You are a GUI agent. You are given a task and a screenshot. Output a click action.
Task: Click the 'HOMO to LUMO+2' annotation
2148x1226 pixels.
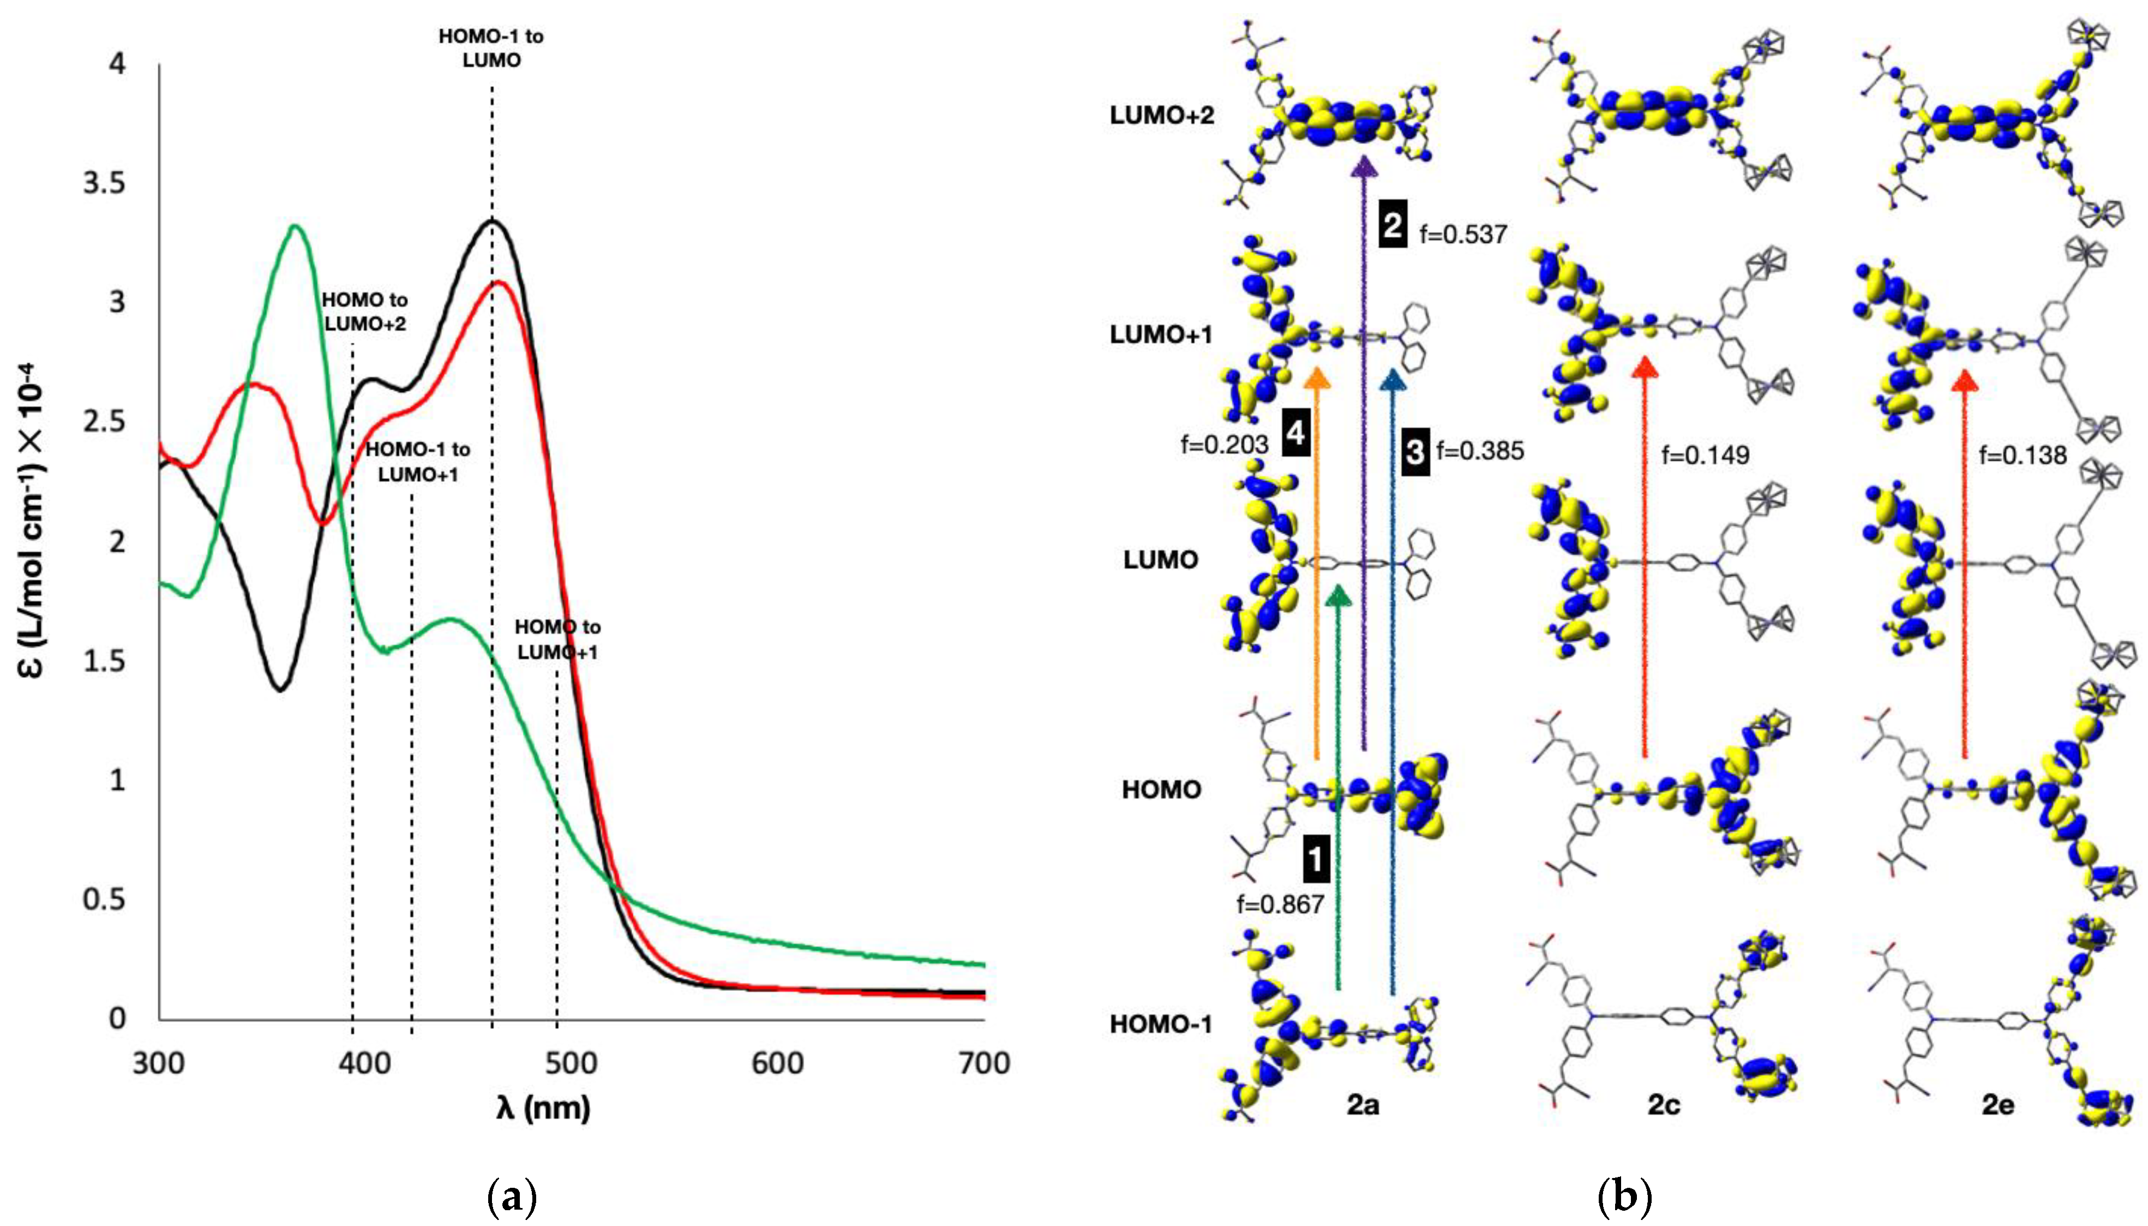coord(364,312)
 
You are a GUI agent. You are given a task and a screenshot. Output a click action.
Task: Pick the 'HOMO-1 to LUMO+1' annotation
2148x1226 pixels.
coord(417,462)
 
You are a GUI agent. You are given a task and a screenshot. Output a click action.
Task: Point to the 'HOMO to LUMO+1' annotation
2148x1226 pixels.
coord(557,639)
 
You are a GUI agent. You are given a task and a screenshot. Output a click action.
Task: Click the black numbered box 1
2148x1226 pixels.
coord(1315,860)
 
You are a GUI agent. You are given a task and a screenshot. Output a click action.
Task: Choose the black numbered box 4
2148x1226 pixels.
coord(1295,434)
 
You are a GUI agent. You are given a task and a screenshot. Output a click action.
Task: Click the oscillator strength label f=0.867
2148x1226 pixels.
coord(1280,904)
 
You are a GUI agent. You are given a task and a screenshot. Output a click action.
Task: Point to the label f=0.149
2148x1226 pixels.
coord(1705,456)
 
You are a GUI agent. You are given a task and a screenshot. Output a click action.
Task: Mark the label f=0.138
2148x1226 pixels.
coord(2023,456)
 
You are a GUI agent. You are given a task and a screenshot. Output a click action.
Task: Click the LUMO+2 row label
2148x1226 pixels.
coord(1161,115)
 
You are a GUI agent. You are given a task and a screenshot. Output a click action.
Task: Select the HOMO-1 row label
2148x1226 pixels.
coord(1161,1024)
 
